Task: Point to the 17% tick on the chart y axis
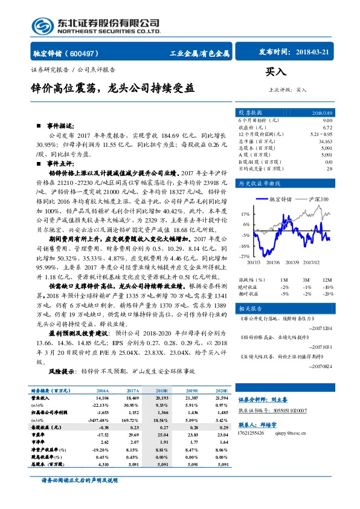(x=245, y=214)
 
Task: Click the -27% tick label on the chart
(x=245, y=257)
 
